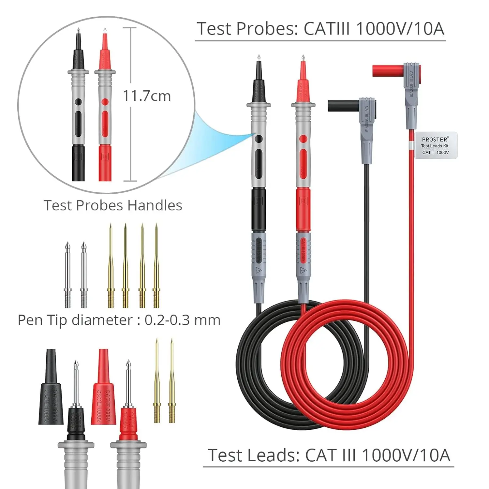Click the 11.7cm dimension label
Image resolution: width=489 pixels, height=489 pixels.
pyautogui.click(x=147, y=96)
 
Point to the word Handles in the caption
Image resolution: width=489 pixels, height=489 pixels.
pyautogui.click(x=155, y=205)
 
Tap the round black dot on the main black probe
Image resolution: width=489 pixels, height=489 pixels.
pyautogui.click(x=259, y=139)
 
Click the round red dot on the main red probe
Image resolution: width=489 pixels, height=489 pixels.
pyautogui.click(x=303, y=139)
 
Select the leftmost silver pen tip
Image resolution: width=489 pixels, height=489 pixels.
pyautogui.click(x=67, y=275)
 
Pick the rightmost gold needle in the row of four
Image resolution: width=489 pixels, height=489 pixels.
pyautogui.click(x=156, y=266)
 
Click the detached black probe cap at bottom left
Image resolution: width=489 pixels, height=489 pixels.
pyautogui.click(x=51, y=388)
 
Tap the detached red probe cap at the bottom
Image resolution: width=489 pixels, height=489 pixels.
pyautogui.click(x=104, y=388)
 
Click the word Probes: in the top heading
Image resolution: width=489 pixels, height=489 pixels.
pyautogui.click(x=267, y=29)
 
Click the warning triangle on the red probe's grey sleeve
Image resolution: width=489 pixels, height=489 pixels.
pyautogui.click(x=303, y=270)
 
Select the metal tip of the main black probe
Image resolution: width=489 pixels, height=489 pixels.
pyautogui.click(x=259, y=58)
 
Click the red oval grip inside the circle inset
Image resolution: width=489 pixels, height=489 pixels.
pyautogui.click(x=105, y=124)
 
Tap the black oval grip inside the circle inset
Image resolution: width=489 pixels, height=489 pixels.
pyautogui.click(x=78, y=124)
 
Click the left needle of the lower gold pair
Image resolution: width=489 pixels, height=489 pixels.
pyautogui.click(x=157, y=381)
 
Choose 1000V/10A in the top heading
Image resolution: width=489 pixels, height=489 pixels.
pyautogui.click(x=400, y=29)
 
